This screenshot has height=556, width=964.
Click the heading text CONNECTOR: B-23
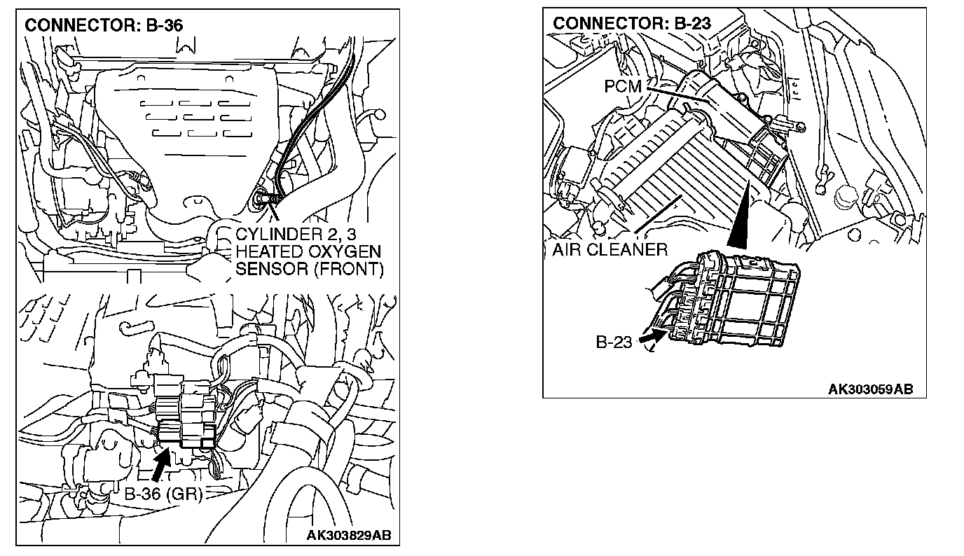tap(632, 23)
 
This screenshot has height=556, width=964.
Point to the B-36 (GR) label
tap(163, 494)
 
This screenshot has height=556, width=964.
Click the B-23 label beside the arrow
tap(614, 342)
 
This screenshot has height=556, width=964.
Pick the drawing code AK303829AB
tap(350, 536)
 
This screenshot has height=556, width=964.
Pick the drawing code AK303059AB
tap(871, 389)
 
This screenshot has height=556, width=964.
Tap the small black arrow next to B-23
tap(651, 339)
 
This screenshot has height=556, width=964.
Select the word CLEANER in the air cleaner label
tap(633, 249)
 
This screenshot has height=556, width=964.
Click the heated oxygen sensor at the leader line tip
tap(263, 199)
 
